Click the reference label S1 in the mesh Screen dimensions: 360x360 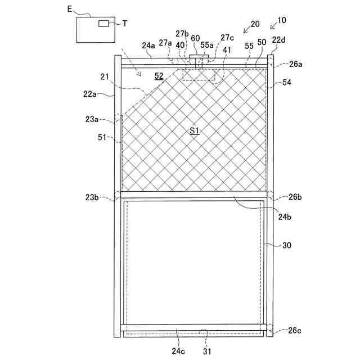tap(195, 130)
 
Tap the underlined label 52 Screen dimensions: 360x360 tap(159, 76)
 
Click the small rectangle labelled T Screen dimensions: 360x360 tap(105, 23)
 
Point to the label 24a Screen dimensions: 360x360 tap(148, 45)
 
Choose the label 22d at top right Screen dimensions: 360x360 tap(278, 39)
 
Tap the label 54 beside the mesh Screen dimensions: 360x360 tap(287, 83)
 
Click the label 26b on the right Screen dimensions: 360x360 tap(295, 197)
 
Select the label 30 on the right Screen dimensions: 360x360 tap(287, 245)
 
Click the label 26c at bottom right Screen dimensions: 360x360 tap(295, 330)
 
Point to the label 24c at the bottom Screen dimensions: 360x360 tap(178, 351)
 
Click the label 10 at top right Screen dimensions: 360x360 tap(281, 20)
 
